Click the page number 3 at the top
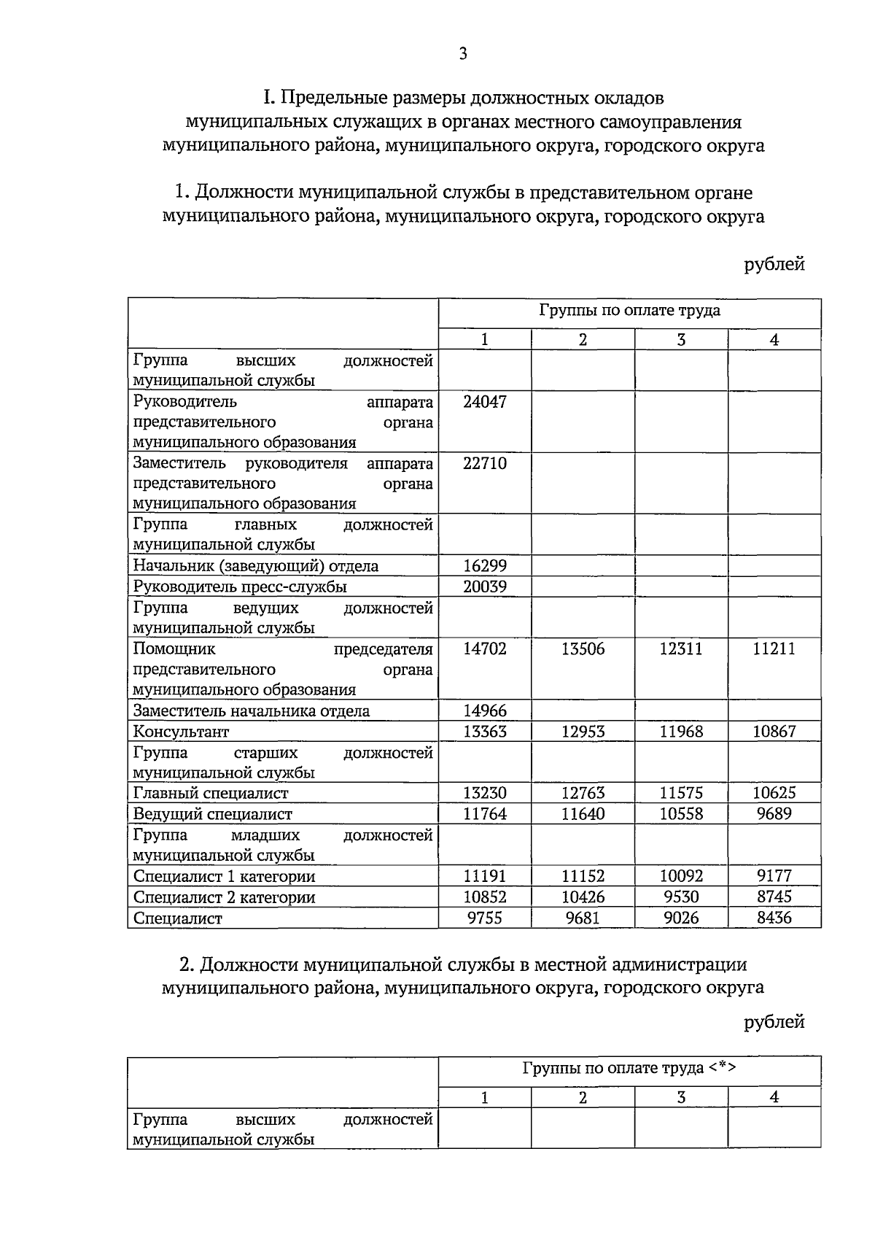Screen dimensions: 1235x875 pos(463,53)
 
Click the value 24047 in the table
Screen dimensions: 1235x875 pos(485,402)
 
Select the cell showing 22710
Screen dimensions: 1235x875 pos(485,463)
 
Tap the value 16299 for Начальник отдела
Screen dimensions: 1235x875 pos(485,566)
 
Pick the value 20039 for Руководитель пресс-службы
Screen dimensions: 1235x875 pos(485,586)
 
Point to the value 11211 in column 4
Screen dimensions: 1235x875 pos(774,649)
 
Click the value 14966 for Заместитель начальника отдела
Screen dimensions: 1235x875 pos(485,711)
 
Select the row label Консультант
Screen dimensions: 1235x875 pos(181,732)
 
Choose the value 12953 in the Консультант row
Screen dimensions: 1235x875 pos(583,731)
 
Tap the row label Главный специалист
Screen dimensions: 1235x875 pos(211,793)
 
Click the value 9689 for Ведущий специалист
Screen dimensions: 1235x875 pos(774,813)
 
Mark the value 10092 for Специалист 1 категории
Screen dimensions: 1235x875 pos(681,875)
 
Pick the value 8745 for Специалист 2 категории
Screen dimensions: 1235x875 pos(774,897)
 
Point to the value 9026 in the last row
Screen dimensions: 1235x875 pos(681,918)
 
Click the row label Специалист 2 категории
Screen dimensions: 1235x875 pos(224,897)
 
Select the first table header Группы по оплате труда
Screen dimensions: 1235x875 pos(629,311)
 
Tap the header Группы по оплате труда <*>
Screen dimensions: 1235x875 pos(629,1069)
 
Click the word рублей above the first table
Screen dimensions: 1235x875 pos(774,264)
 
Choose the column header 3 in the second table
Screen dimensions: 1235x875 pos(681,1097)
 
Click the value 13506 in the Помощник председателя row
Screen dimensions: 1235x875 pos(583,649)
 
